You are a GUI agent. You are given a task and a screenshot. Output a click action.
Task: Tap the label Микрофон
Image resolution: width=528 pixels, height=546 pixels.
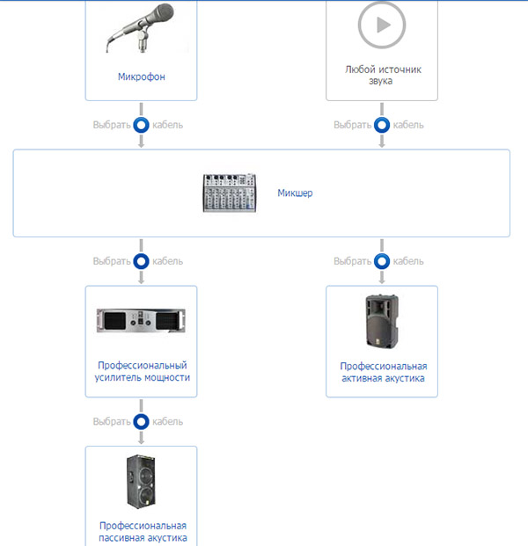[x=141, y=76]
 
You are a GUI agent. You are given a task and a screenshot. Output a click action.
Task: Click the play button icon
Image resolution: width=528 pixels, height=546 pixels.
[x=382, y=25]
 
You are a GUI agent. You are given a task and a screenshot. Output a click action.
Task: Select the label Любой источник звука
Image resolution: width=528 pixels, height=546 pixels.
[x=382, y=74]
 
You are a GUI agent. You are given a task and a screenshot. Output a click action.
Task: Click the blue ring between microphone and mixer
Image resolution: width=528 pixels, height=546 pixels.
[x=141, y=125]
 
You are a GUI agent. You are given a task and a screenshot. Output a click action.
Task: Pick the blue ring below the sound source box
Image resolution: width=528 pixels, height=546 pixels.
[x=382, y=125]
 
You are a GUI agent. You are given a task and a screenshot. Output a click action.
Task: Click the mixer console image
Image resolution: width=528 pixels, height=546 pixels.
[x=231, y=193]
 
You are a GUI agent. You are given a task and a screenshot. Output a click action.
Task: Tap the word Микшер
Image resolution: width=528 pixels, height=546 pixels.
[x=295, y=193]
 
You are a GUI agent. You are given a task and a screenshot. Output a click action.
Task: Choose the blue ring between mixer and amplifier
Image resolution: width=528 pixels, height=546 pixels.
[x=141, y=261]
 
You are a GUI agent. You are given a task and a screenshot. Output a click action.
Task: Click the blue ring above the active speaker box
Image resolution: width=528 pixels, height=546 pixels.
[x=382, y=261]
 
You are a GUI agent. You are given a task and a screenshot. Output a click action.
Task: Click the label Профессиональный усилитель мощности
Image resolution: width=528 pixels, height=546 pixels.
[x=141, y=371]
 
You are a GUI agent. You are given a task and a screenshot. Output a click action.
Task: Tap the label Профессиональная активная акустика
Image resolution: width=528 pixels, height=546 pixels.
[x=382, y=372]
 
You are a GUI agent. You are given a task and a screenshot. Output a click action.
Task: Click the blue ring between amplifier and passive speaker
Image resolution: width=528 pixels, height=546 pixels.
[x=141, y=422]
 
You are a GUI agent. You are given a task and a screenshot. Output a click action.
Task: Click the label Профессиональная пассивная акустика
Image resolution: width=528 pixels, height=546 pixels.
[x=141, y=531]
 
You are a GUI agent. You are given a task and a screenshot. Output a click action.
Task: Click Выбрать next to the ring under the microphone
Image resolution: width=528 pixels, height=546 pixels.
[x=111, y=125]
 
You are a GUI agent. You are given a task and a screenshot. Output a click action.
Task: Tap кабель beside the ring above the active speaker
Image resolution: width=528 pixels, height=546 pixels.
[x=408, y=261]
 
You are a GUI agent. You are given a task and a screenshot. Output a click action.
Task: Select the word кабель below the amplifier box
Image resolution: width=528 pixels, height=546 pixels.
[x=167, y=422]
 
